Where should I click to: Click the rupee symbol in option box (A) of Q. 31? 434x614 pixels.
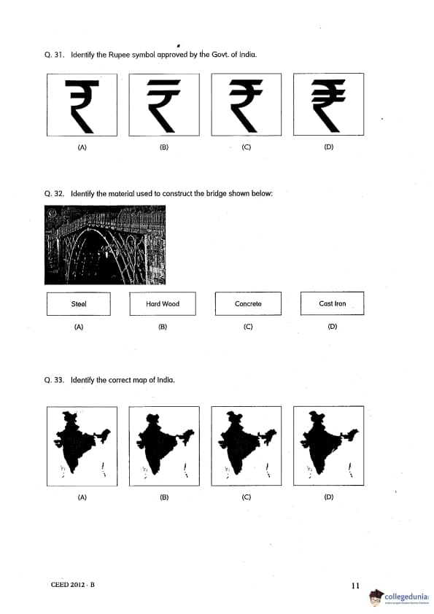coord(82,106)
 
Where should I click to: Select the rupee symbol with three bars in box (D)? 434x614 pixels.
coord(328,105)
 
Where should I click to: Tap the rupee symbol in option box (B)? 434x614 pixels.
coord(163,106)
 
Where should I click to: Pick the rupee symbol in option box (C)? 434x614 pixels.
coord(246,106)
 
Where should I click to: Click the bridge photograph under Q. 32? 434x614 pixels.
coord(105,245)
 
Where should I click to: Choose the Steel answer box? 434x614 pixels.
coord(79,304)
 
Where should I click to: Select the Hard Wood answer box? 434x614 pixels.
coord(163,303)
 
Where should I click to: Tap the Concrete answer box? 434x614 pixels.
coord(248,303)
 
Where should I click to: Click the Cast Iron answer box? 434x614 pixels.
coord(332,303)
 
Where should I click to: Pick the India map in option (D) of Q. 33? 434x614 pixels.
coord(327,440)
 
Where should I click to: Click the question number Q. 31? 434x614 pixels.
coord(54,55)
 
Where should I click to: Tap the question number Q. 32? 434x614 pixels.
coord(54,193)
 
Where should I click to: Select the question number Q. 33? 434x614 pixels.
coord(54,380)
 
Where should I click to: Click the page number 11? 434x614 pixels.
coord(355,586)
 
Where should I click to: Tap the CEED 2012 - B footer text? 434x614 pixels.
coord(73,585)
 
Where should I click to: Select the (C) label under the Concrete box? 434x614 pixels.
coord(248,327)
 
